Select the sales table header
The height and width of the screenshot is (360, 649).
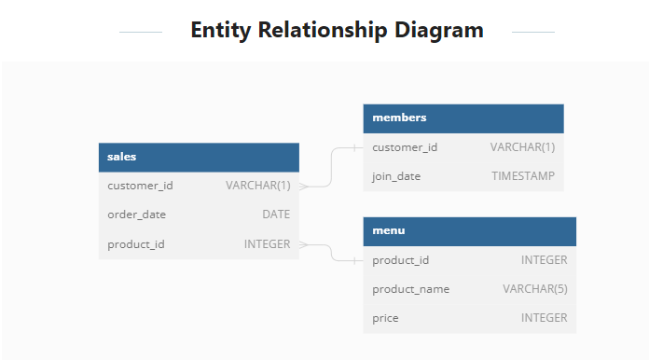coord(199,157)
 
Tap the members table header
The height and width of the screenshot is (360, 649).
coord(463,118)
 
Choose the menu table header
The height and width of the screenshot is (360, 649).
coord(469,230)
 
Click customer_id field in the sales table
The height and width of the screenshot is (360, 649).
coord(140,186)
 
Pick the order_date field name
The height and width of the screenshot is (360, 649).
coord(136,215)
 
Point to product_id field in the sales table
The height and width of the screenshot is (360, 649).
coord(136,244)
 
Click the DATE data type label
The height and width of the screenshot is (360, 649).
coord(276,215)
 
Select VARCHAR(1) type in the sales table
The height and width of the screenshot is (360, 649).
coord(258,186)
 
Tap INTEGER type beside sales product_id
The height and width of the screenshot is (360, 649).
coord(267,244)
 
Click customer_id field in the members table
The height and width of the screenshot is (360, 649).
coord(405,147)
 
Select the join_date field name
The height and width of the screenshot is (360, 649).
coord(396,176)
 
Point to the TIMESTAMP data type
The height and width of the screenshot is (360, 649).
coord(523,176)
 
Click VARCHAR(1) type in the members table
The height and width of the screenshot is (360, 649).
coord(522,147)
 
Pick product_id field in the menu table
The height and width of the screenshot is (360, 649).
coord(401,260)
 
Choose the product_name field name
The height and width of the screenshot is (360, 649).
coord(410,289)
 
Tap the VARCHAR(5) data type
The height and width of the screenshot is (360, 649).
coord(535,289)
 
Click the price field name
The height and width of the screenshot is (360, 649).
coord(385,318)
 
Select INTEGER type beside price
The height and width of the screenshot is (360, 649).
coord(544,318)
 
